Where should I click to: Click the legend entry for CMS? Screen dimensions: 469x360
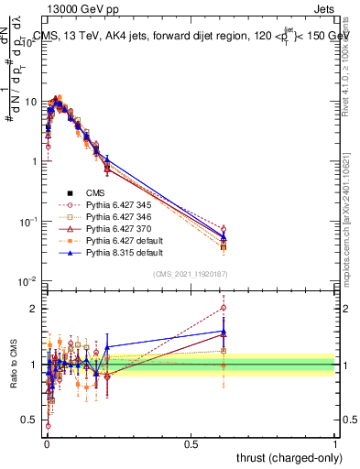98,192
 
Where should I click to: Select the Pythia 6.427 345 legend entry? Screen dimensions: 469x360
123,205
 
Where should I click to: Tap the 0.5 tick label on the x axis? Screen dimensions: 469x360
191,443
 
